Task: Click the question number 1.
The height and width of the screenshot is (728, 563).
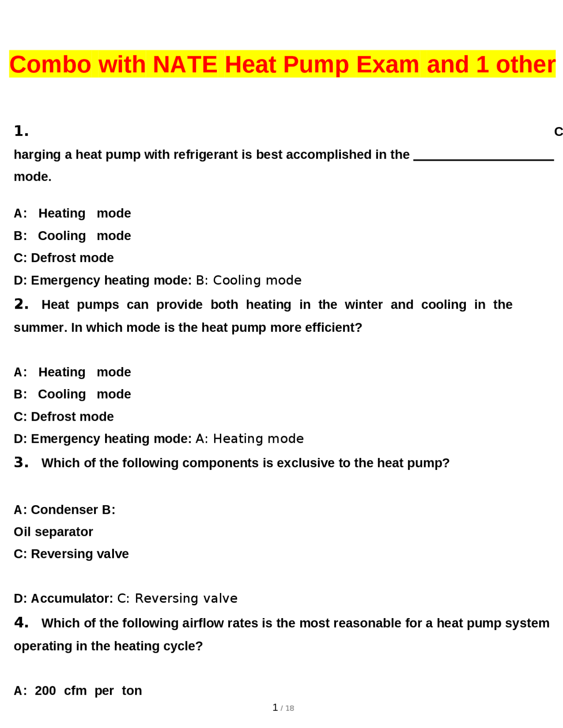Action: coord(21,131)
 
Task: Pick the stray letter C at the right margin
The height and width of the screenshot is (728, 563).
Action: coord(558,131)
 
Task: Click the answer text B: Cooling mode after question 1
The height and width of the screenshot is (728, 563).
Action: coord(249,280)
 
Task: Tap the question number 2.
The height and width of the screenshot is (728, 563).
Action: coord(21,304)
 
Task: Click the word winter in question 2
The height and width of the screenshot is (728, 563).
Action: coord(363,305)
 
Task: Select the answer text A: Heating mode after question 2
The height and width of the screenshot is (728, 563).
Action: coord(249,439)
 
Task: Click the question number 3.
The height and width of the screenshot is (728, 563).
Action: coord(21,462)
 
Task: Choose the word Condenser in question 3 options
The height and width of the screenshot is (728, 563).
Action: coord(64,510)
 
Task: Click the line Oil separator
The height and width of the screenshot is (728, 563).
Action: coord(53,532)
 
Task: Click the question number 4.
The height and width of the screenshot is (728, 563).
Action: coord(21,623)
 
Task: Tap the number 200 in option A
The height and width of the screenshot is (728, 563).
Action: coord(45,691)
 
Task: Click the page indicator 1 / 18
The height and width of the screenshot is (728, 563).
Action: coord(283,708)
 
